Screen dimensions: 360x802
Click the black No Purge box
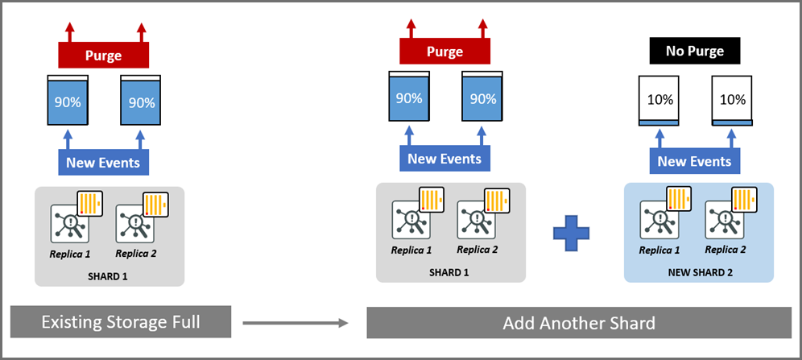[x=694, y=52]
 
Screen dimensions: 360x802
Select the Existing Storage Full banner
[x=121, y=323]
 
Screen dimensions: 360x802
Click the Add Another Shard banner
[x=578, y=323]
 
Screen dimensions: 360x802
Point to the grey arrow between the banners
[x=295, y=323]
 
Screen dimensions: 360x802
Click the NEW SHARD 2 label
[x=698, y=271]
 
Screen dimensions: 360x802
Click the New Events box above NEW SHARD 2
[x=694, y=161]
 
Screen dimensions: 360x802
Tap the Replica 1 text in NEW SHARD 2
[x=659, y=250]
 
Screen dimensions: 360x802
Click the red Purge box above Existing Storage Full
[x=103, y=56]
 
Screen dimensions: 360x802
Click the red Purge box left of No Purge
[x=444, y=52]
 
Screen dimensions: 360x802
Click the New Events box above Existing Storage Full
[x=103, y=163]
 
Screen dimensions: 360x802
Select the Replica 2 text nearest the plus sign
[x=477, y=250]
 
